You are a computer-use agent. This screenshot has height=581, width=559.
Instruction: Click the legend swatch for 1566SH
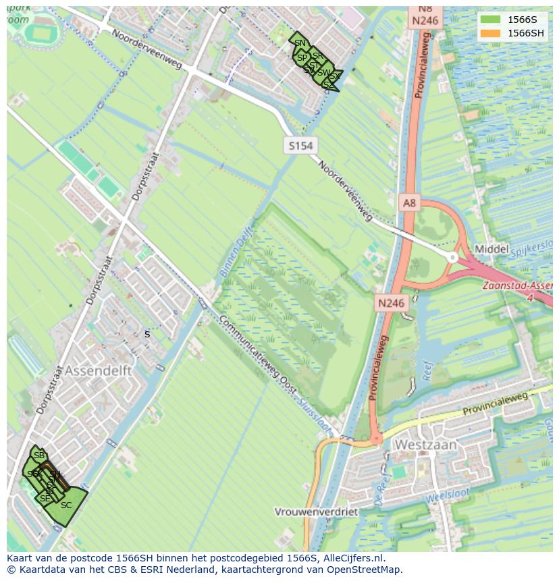491,33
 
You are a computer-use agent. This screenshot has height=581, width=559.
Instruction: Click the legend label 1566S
522,19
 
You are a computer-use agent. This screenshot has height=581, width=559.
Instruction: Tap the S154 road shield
300,146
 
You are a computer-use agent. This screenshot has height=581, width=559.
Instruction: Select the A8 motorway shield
410,202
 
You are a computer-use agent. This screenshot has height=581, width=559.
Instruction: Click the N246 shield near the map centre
392,303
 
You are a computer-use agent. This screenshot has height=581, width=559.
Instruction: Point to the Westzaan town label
425,445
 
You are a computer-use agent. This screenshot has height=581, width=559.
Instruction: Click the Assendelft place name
98,371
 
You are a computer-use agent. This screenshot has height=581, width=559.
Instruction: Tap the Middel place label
491,249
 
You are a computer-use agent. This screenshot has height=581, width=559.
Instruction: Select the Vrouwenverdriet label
316,512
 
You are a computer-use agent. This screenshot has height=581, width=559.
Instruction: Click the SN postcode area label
300,43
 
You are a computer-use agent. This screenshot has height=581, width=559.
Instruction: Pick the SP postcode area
302,58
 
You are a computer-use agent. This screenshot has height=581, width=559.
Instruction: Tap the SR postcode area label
317,55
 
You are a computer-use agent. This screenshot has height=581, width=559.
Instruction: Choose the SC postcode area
66,505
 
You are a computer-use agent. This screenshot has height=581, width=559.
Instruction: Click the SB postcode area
38,455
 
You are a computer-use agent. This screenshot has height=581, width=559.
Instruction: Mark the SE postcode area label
45,499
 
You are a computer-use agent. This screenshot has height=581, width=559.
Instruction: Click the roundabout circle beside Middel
452,257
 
